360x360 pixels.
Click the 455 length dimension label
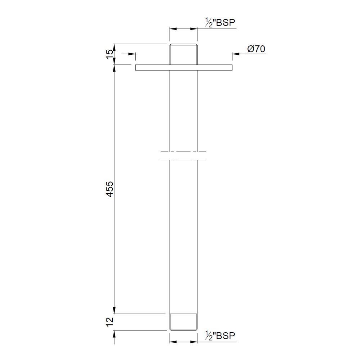tap(110, 189)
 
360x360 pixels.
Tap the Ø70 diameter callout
tap(256, 49)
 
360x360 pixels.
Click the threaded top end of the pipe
tap(184, 54)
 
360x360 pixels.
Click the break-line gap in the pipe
tap(184, 156)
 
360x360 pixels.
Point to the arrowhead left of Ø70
tap(234, 54)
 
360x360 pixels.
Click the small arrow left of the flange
tap(132, 54)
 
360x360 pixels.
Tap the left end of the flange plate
tap(136, 67)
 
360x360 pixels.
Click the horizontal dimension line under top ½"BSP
tap(184, 28)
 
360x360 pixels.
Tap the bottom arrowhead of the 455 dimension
tap(114, 311)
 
